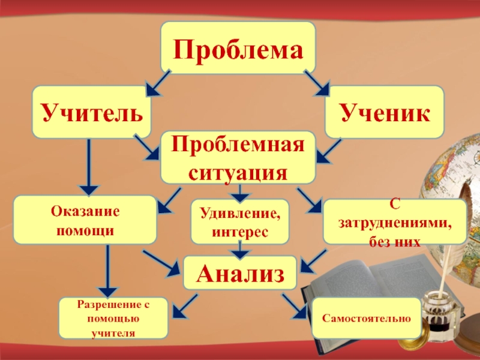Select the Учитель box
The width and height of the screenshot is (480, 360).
pyautogui.click(x=92, y=112)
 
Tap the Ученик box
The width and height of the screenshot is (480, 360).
pyautogui.click(x=384, y=112)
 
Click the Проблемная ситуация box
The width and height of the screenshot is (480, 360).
pyautogui.click(x=238, y=157)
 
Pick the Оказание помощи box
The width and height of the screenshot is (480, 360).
pyautogui.click(x=85, y=220)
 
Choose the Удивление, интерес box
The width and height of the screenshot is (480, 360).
pyautogui.click(x=239, y=221)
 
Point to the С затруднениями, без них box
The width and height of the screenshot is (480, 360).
pyautogui.click(x=394, y=221)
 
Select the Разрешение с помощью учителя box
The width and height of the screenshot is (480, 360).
pyautogui.click(x=113, y=318)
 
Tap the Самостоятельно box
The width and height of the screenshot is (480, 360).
pyautogui.click(x=366, y=317)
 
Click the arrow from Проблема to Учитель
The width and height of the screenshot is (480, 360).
pyautogui.click(x=157, y=83)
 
